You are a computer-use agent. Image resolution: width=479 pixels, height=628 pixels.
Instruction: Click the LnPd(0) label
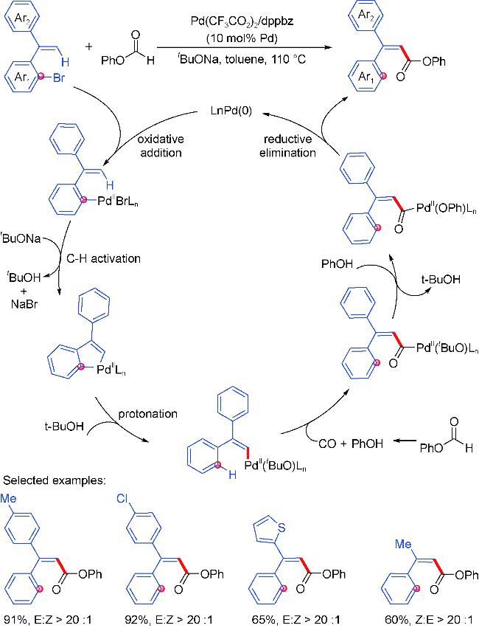click(x=231, y=111)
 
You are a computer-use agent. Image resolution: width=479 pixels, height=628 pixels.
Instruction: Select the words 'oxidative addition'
click(x=161, y=146)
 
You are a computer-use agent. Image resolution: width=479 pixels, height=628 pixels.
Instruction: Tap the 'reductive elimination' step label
click(x=287, y=146)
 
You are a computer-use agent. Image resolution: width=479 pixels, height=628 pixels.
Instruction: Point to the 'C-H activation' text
click(x=104, y=258)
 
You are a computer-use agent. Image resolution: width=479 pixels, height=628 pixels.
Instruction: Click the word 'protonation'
click(x=148, y=414)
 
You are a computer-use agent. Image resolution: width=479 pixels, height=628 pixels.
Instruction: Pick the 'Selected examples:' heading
click(x=55, y=480)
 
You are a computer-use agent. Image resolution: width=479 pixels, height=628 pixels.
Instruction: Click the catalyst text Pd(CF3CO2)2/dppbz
click(x=242, y=21)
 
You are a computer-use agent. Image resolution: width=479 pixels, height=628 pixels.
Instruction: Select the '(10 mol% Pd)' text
click(x=242, y=39)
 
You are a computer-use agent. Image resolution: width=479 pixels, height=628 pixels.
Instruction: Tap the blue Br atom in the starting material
click(x=59, y=77)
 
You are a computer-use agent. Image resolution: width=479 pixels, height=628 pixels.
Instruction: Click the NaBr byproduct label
click(x=24, y=304)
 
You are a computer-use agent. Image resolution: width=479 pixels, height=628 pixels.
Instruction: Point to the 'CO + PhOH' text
click(x=351, y=444)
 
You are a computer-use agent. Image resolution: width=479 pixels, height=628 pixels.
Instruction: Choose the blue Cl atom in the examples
click(x=122, y=498)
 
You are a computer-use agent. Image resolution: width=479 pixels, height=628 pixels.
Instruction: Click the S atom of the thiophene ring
click(x=282, y=528)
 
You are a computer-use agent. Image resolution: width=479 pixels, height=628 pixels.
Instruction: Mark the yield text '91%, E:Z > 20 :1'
click(x=48, y=620)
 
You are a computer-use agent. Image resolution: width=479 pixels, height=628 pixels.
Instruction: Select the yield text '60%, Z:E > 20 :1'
click(x=430, y=620)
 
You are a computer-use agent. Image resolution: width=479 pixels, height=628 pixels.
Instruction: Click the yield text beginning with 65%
click(x=296, y=620)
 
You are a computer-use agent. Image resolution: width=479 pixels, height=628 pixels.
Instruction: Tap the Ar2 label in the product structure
click(x=366, y=15)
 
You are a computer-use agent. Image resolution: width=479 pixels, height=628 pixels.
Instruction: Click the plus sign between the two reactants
click(x=88, y=46)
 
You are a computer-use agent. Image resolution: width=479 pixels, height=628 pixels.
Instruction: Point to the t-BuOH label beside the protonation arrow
click(x=64, y=426)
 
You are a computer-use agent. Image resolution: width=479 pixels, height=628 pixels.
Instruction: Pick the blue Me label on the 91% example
click(x=8, y=498)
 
